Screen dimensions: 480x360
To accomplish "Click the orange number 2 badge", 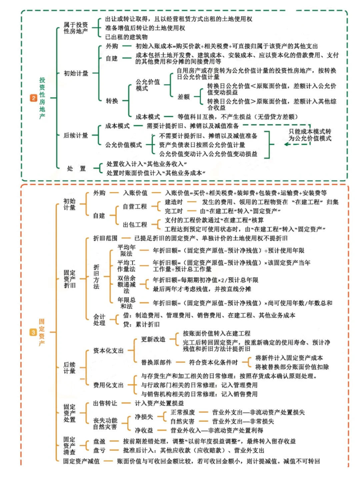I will [x=34, y=98].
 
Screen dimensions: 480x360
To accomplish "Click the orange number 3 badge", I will [x=33, y=332].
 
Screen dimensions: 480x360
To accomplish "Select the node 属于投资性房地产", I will [x=76, y=28].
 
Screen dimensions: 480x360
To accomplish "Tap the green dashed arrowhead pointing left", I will [x=286, y=144].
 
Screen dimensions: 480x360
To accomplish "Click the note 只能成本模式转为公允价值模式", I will [x=310, y=135].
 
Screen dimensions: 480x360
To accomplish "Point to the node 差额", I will [x=183, y=97].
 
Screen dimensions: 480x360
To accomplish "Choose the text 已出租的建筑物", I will [x=126, y=37].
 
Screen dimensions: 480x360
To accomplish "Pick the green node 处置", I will [x=76, y=169].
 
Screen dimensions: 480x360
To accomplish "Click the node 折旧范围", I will [x=105, y=238].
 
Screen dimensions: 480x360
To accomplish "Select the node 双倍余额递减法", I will [x=126, y=284].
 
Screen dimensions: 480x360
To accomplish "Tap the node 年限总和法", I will [x=126, y=303].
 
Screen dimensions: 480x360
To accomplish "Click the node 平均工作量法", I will [x=126, y=266].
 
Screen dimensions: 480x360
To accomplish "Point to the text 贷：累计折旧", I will [x=141, y=324].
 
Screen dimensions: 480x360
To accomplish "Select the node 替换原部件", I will [x=156, y=362].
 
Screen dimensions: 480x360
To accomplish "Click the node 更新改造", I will [x=153, y=339].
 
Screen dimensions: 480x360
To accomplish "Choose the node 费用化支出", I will [x=108, y=385].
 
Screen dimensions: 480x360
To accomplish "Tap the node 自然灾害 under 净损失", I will [x=182, y=422].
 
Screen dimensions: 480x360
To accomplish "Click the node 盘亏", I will [x=99, y=451].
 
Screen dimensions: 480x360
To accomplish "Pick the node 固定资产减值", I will [x=81, y=461].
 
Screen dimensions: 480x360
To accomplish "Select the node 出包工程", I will [x=135, y=225].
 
